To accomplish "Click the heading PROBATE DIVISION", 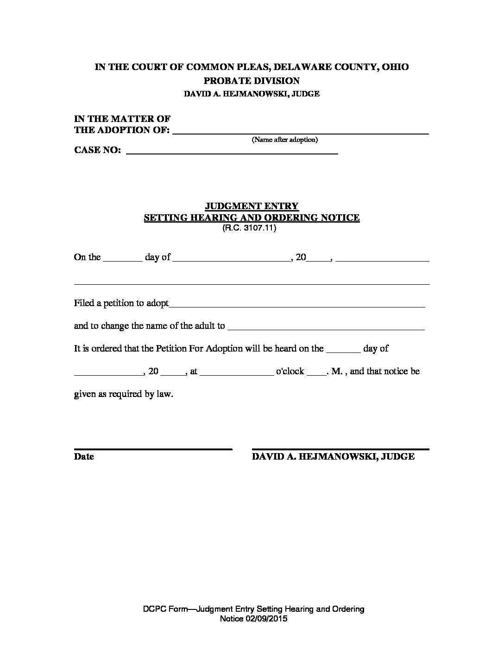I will pyautogui.click(x=252, y=81).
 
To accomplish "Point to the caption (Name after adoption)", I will pyautogui.click(x=284, y=140).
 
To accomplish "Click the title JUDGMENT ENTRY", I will pyautogui.click(x=252, y=206).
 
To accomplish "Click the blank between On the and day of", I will pyautogui.click(x=122, y=260).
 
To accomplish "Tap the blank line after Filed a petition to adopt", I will pyautogui.click(x=296, y=305).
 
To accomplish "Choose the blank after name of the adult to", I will pyautogui.click(x=326, y=328).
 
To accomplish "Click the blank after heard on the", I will pyautogui.click(x=343, y=351).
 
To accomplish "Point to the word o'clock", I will pyautogui.click(x=290, y=371).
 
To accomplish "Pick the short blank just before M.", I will pyautogui.click(x=317, y=374).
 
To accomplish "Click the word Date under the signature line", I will pyautogui.click(x=84, y=456).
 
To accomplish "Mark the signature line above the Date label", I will pyautogui.click(x=153, y=449).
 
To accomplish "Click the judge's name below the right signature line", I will pyautogui.click(x=333, y=456).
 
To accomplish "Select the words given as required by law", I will pyautogui.click(x=123, y=395).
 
